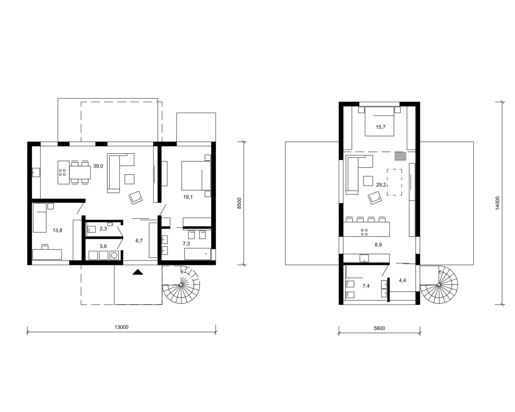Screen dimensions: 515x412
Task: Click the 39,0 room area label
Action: [98, 166]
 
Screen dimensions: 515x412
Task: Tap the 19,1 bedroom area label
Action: [188, 197]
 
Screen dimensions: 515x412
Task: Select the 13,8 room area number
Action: [57, 230]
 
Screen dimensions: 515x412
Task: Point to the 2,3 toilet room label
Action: [103, 229]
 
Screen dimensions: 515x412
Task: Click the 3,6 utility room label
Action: [103, 246]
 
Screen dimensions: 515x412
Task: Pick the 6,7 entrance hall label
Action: [139, 241]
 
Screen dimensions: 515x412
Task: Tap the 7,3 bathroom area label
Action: [186, 243]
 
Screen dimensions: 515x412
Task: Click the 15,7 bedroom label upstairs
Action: [380, 127]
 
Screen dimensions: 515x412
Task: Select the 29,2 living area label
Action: [381, 185]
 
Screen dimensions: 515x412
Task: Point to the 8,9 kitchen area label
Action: [378, 245]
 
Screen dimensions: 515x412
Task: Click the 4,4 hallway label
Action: [402, 281]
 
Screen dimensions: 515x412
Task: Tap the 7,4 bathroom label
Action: [366, 286]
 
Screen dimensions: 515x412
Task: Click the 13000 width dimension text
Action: [121, 327]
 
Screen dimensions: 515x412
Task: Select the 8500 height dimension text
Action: [239, 203]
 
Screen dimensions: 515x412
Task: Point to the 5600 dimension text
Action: [379, 328]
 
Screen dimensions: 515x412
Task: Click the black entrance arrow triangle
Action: [138, 272]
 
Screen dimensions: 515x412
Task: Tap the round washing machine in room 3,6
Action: [114, 255]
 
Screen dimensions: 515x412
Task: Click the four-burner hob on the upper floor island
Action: [364, 232]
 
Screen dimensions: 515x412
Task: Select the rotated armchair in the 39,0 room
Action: [136, 198]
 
